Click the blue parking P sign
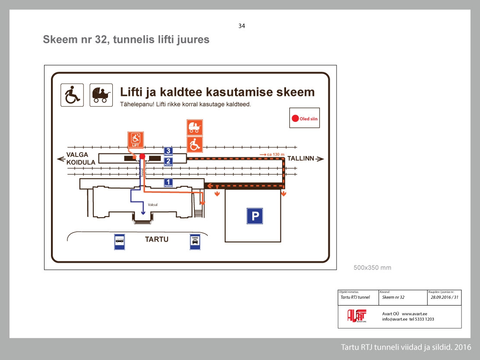pos(254,216)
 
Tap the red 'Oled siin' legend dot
pos(295,118)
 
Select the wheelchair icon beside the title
pos(72,95)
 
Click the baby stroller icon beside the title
pos(101,95)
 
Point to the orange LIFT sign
pos(135,139)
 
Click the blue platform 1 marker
pos(168,183)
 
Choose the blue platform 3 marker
pos(168,151)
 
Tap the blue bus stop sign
pos(120,242)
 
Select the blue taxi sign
pos(195,242)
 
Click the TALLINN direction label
pos(301,159)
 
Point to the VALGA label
pos(77,155)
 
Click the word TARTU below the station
pos(156,239)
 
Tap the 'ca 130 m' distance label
pos(272,154)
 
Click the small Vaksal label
pos(152,205)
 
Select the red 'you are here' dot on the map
pos(142,156)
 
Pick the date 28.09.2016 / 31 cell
pos(444,297)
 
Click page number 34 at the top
pos(242,26)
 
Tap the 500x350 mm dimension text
pos(372,268)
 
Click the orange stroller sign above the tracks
pos(194,127)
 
